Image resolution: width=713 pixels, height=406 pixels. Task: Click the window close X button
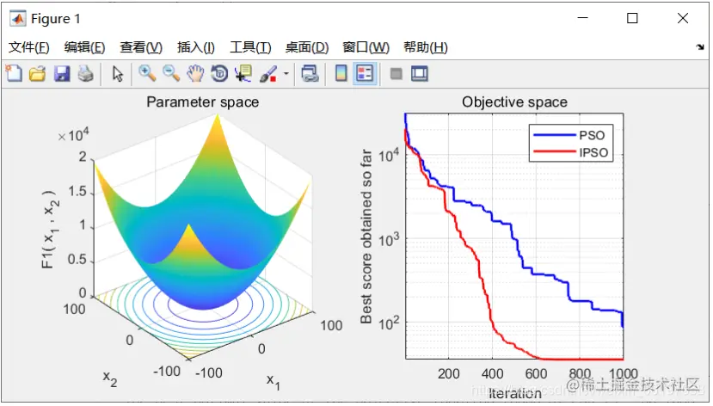[682, 18]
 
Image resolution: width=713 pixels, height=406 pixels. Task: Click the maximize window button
[632, 18]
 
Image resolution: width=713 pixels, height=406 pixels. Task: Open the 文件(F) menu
[28, 47]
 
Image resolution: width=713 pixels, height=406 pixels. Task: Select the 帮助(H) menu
[426, 47]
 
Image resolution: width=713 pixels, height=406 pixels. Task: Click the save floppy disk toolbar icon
[61, 74]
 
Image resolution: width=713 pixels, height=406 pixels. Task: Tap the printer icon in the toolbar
[84, 74]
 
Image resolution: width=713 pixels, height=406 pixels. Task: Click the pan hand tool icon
[194, 74]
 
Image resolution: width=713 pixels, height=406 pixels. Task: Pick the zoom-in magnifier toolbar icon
[147, 74]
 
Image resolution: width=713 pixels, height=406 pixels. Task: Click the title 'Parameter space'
[202, 102]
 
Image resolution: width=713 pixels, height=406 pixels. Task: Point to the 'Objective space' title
[514, 102]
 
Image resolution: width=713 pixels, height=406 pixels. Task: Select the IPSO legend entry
[593, 153]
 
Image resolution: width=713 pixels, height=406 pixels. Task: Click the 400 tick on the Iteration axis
[493, 374]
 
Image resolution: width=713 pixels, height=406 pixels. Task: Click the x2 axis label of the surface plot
[110, 378]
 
